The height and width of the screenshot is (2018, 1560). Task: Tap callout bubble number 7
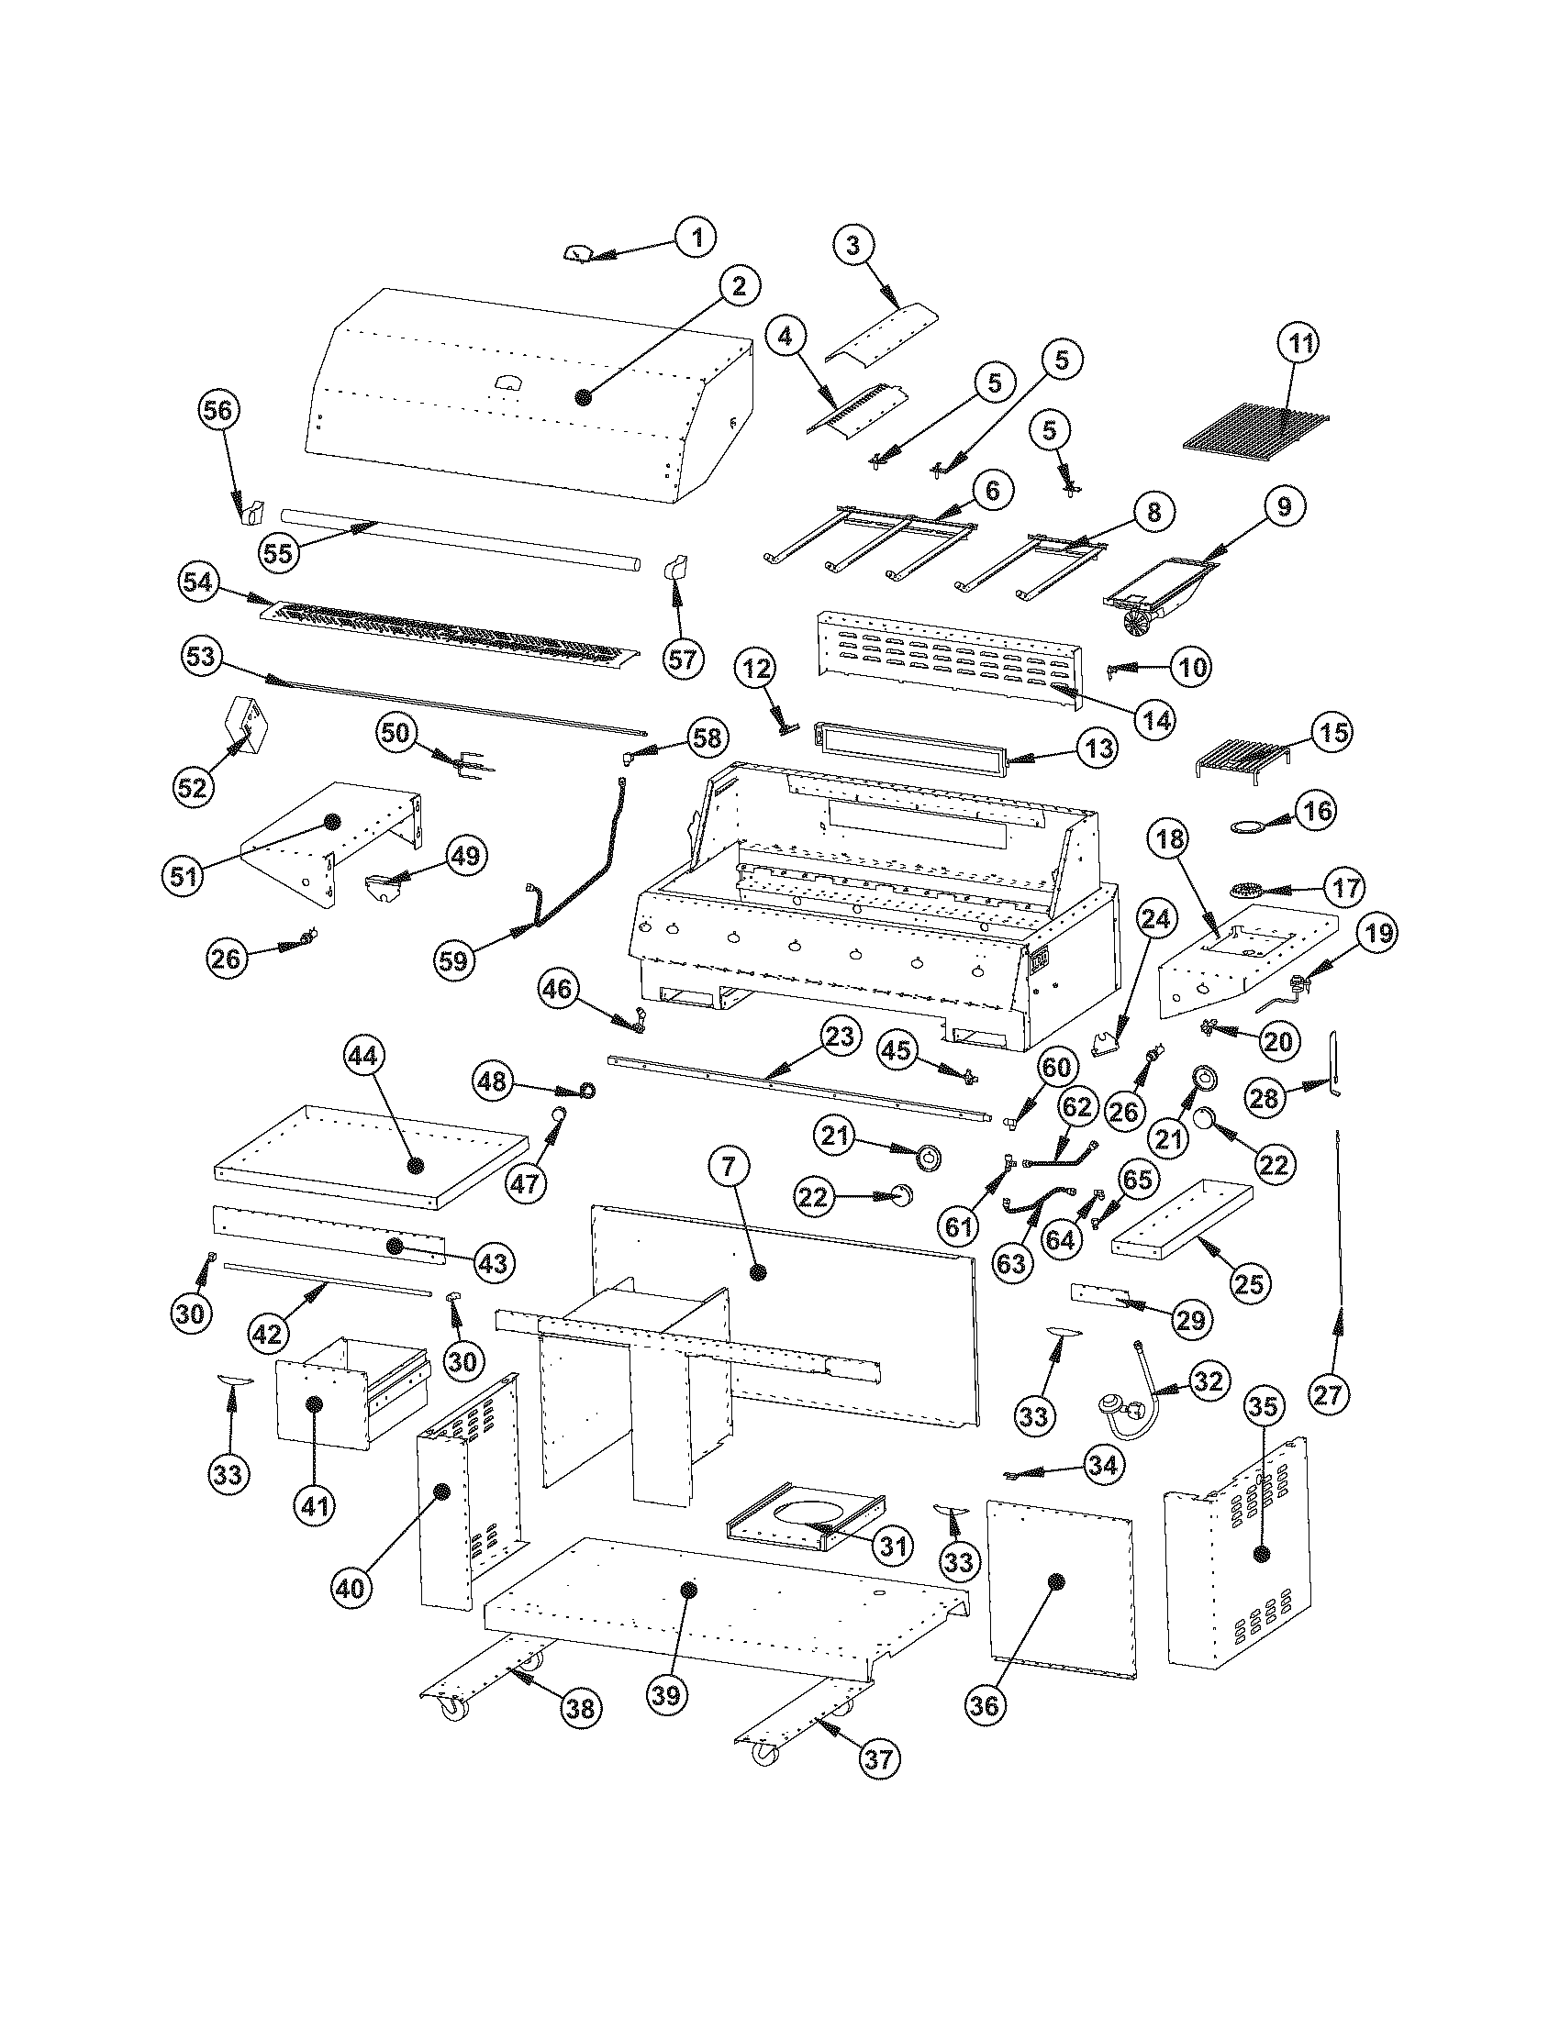pos(730,1168)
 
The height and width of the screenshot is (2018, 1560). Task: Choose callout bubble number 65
pos(1139,1179)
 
